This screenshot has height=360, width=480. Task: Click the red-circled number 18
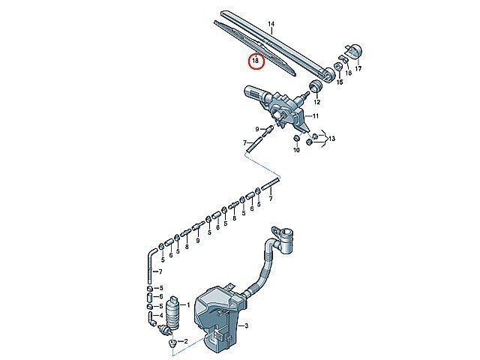coord(255,61)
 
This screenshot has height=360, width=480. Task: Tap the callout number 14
coord(271,24)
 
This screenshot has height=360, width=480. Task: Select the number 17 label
coord(358,68)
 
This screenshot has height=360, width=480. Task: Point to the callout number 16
coord(348,73)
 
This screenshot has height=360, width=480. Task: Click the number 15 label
coord(340,82)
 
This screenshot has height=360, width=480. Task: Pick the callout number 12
coord(316,102)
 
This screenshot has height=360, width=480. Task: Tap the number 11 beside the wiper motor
coord(316,116)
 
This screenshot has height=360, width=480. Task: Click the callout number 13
coord(331,139)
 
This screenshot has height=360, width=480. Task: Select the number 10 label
coord(297,150)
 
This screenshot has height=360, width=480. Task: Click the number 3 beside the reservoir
coord(247,325)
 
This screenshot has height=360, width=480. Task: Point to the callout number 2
coord(186,341)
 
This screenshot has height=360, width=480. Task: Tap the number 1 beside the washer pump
coord(188,305)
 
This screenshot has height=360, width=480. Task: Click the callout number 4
coord(161,315)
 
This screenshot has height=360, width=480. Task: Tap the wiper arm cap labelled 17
coord(355,51)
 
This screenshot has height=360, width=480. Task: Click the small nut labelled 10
coord(296,139)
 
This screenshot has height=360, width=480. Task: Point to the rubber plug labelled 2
coord(172,343)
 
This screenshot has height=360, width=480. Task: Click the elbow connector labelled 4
coord(151,318)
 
